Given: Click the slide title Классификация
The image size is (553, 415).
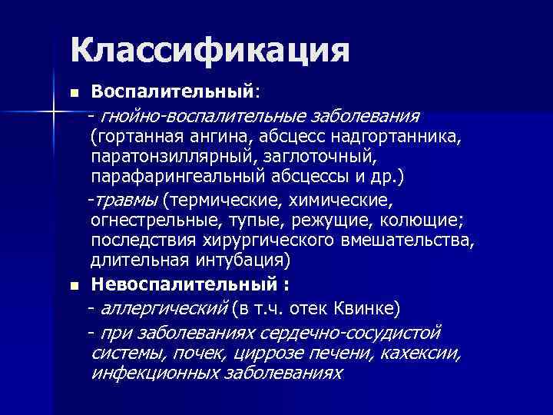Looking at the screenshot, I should click(209, 50).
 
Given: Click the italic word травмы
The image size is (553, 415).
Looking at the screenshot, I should click(126, 201).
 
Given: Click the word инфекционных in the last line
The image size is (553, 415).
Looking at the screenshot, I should click(154, 373).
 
